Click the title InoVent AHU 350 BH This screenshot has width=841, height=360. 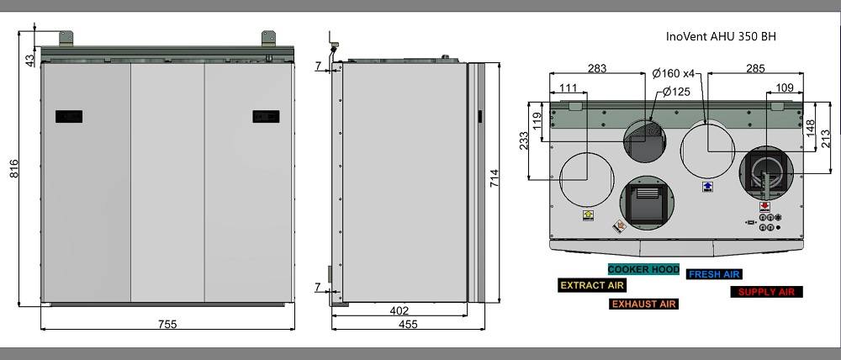721,36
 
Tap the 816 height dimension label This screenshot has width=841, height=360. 14,168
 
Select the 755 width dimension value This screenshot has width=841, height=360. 167,324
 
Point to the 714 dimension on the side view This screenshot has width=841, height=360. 494,178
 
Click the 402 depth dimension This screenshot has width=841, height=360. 399,310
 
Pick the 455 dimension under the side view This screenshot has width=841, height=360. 408,324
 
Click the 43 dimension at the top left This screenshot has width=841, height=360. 30,60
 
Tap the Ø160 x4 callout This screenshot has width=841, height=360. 673,73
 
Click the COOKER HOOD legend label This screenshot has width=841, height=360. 643,269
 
